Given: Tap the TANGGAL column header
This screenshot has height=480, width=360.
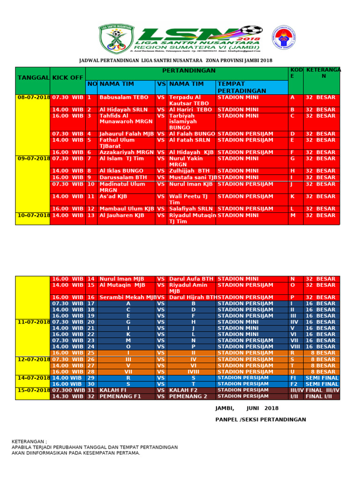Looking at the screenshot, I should pos(33,77).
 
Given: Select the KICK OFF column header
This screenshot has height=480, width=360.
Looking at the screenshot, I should pos(67,77).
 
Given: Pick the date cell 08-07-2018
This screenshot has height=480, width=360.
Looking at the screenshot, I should pos(33,97).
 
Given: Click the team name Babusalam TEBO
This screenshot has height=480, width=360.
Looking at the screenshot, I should pos(124,97).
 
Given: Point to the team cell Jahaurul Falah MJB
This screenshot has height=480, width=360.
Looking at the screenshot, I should pos(126,134).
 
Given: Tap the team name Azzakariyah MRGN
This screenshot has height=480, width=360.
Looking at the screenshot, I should pos(126,152).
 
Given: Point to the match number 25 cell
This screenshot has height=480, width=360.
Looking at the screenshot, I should pos(91,352).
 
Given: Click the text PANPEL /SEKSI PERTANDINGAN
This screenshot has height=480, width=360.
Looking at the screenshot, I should pos(261,420).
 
